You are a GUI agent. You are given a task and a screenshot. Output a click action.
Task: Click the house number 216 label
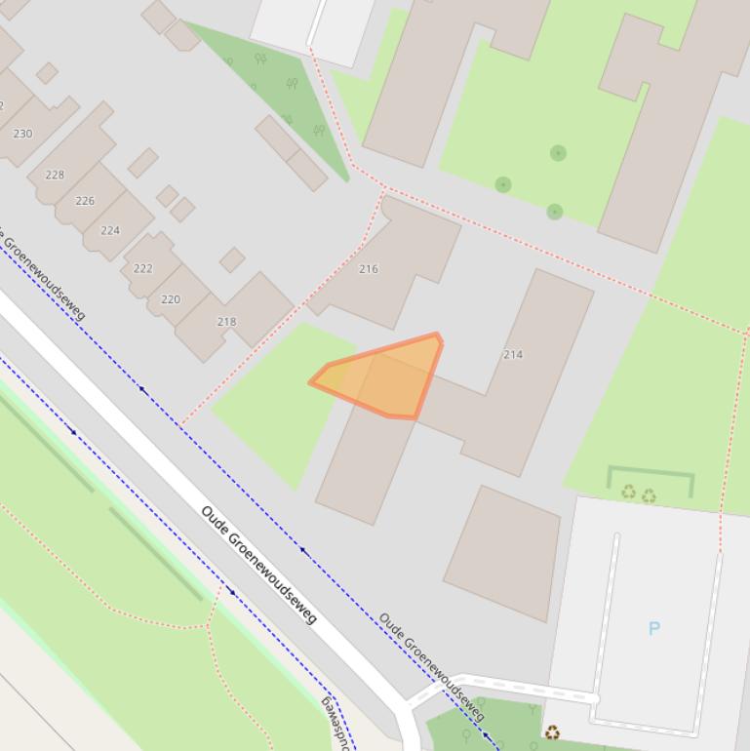[x=368, y=269]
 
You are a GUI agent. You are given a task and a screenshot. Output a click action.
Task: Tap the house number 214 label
[x=513, y=354]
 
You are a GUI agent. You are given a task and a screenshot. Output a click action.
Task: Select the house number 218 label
[x=226, y=322]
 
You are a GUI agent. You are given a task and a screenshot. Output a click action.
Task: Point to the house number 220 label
[x=171, y=299]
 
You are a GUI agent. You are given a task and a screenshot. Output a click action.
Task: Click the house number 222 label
[x=143, y=268]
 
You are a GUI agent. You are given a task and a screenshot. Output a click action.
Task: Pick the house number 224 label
[x=110, y=231]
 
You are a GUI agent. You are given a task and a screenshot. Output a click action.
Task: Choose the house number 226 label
[x=85, y=201]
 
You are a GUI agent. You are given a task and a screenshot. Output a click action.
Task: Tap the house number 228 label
[x=55, y=176]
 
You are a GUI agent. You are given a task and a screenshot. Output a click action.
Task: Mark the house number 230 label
[x=22, y=134]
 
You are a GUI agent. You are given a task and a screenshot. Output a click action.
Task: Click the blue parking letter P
[x=654, y=628]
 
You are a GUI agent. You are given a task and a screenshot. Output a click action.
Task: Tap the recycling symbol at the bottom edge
[x=552, y=732]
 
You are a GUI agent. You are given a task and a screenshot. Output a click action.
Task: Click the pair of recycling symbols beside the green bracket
[x=639, y=494]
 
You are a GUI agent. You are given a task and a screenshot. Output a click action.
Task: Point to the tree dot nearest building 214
[x=555, y=212]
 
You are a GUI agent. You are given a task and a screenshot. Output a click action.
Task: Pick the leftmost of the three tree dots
[x=503, y=184]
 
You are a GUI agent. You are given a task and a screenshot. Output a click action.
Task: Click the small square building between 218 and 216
[x=232, y=259]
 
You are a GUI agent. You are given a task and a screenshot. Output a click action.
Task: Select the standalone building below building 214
[x=503, y=552]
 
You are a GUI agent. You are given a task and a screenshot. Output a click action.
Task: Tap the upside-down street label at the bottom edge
[x=337, y=722]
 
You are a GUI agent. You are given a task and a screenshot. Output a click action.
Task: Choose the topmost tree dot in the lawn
[x=558, y=152]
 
